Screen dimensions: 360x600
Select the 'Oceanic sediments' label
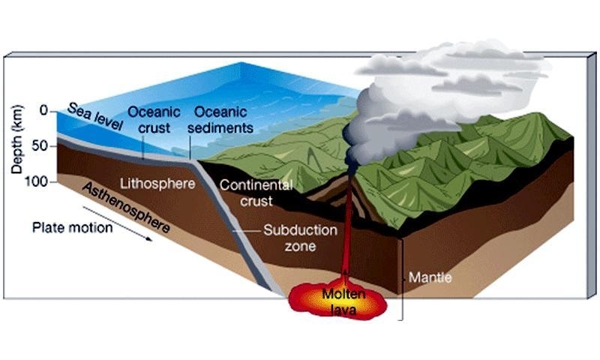[223, 119]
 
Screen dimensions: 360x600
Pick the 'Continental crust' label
[256, 193]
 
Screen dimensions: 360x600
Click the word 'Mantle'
[430, 277]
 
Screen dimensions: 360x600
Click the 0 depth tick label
[43, 111]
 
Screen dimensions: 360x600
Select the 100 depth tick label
[37, 181]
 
